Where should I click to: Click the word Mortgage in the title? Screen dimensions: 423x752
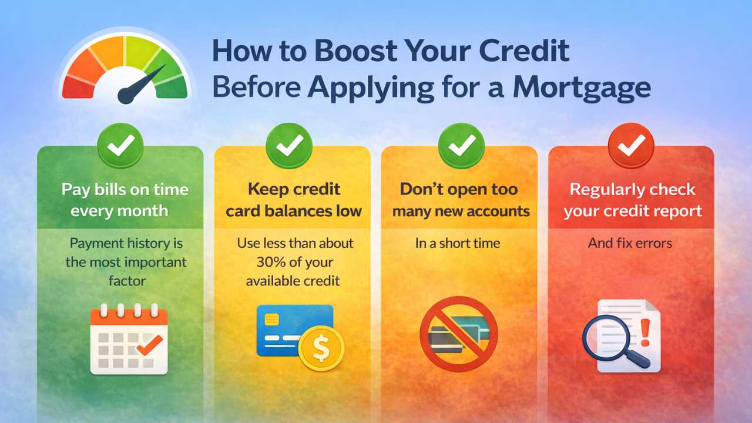[582, 87]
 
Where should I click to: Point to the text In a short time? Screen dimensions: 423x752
[458, 243]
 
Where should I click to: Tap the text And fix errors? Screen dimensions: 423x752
[630, 243]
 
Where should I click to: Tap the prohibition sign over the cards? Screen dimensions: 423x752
[458, 334]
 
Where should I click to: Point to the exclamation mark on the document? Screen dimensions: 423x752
[645, 332]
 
